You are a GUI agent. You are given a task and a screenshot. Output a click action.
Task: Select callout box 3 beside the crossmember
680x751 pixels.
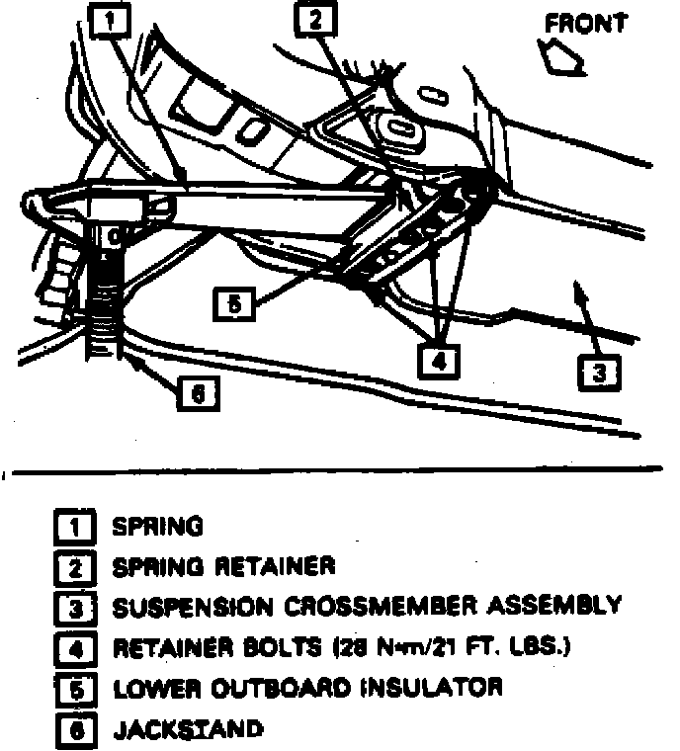pos(600,373)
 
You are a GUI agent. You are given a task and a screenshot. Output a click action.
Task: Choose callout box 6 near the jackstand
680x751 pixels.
pos(197,394)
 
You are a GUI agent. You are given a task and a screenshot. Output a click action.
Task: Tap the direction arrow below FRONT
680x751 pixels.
pos(558,57)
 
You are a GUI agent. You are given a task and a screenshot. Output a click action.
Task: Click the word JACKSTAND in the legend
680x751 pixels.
pos(188,730)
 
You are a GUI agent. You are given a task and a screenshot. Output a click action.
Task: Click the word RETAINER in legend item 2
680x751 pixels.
pos(274,566)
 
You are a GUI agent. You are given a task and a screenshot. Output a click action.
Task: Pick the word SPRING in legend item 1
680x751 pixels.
pos(157,527)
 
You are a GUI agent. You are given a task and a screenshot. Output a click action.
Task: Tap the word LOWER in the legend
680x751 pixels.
pos(148,687)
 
